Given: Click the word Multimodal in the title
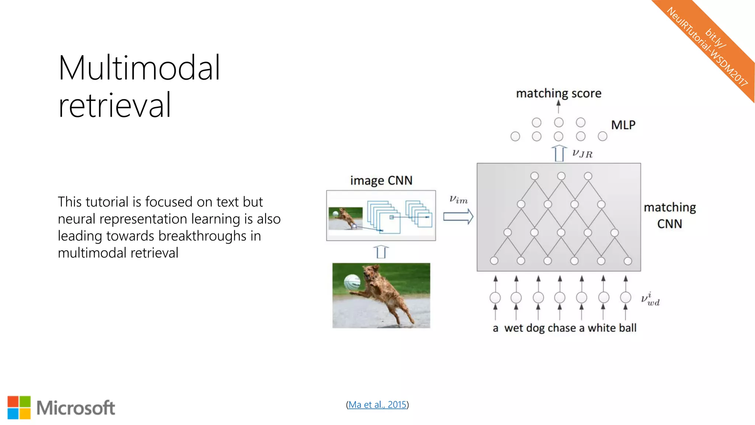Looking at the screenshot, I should pyautogui.click(x=139, y=68).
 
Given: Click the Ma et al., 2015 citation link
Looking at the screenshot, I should pyautogui.click(x=377, y=405).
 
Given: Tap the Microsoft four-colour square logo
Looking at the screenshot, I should pyautogui.click(x=19, y=408).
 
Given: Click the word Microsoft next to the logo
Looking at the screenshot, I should pyautogui.click(x=76, y=408).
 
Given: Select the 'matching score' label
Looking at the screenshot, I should pyautogui.click(x=559, y=93).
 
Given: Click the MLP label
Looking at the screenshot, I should pyautogui.click(x=623, y=125).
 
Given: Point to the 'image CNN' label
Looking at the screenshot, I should pyautogui.click(x=381, y=180).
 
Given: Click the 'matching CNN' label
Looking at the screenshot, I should pyautogui.click(x=669, y=215).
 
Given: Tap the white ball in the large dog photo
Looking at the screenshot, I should pyautogui.click(x=352, y=283).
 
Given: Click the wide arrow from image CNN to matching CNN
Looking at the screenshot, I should pyautogui.click(x=458, y=217).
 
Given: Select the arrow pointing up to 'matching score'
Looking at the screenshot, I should pyautogui.click(x=559, y=107).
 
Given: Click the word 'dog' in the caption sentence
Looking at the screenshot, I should pyautogui.click(x=535, y=328).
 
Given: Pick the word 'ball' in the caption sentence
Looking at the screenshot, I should pyautogui.click(x=627, y=328).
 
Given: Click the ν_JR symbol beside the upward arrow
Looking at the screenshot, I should pyautogui.click(x=582, y=153).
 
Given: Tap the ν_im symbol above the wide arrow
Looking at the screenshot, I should pyautogui.click(x=458, y=200).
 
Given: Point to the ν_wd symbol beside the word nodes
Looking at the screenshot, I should pyautogui.click(x=650, y=299).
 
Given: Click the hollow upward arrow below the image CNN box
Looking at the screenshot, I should pyautogui.click(x=381, y=252).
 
